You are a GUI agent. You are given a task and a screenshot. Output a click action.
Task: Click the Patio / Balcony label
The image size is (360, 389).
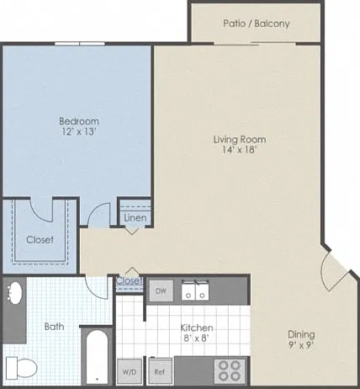pyautogui.click(x=257, y=24)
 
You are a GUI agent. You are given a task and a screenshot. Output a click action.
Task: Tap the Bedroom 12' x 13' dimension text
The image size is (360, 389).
pyautogui.click(x=79, y=131)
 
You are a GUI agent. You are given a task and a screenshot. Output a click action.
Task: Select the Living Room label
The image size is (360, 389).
pyautogui.click(x=240, y=139)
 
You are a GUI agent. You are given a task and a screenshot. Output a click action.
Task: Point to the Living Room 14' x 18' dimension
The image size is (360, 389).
pyautogui.click(x=240, y=149)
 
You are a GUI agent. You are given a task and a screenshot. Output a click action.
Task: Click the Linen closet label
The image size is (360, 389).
pyautogui.click(x=135, y=218)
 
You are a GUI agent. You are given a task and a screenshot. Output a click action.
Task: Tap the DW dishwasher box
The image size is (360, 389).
pyautogui.click(x=161, y=290)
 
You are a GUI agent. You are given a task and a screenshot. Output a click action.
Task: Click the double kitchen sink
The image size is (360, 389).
pyautogui.click(x=195, y=290)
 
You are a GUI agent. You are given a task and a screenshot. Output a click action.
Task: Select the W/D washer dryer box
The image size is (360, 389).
pyautogui.click(x=130, y=371)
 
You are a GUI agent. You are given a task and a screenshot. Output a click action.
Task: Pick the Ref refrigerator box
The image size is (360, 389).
pyautogui.click(x=160, y=371)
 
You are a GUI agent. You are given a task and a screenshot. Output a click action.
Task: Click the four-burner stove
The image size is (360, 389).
pyautogui.click(x=230, y=370)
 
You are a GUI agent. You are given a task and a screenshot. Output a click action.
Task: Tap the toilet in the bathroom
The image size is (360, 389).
pyautogui.click(x=22, y=368)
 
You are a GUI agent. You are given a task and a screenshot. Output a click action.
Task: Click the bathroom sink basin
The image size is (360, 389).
pyautogui.click(x=13, y=292)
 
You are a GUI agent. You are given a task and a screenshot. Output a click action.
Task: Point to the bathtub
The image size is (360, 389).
pyautogui.click(x=97, y=357)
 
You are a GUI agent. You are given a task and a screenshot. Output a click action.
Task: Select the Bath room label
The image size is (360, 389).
pyautogui.click(x=55, y=327)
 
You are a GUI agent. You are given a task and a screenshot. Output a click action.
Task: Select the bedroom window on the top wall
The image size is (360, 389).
pyautogui.click(x=80, y=44)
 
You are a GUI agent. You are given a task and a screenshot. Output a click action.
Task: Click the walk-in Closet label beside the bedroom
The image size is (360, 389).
pyautogui.click(x=40, y=240)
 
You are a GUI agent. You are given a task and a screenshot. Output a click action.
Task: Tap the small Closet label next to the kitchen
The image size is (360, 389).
pyautogui.click(x=130, y=280)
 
